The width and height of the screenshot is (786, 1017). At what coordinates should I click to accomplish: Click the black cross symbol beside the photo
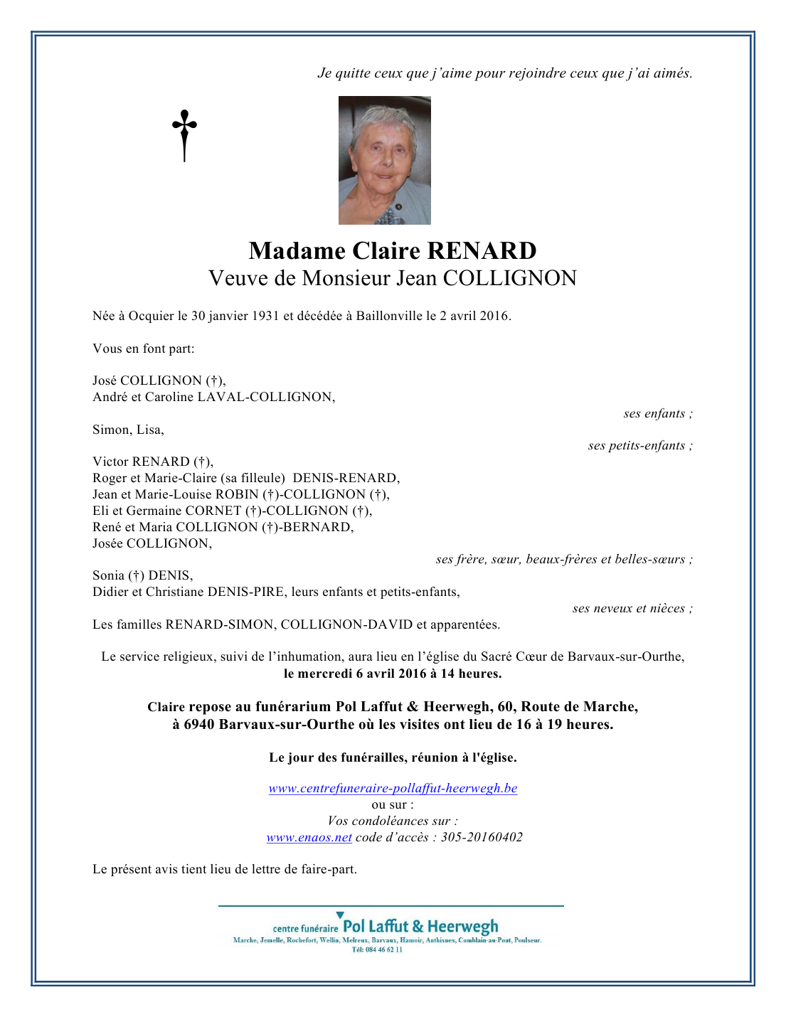tap(184, 134)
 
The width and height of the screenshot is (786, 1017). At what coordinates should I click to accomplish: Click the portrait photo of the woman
tap(384, 160)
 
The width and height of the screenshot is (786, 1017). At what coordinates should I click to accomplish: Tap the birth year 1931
tap(265, 316)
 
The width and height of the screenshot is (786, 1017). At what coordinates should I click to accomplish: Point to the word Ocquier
tap(151, 316)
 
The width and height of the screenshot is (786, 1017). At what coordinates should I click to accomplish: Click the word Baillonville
tap(389, 316)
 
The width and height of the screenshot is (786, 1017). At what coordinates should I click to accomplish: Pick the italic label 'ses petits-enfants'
tap(639, 446)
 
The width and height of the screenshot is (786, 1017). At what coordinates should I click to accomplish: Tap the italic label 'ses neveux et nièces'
tap(632, 609)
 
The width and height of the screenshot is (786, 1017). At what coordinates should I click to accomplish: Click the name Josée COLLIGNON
tap(152, 543)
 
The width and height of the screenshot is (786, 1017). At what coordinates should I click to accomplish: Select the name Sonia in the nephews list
tap(108, 575)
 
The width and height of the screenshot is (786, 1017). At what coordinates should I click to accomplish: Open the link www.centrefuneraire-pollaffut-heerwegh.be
tap(393, 788)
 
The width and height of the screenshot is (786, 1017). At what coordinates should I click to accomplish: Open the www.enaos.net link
tap(309, 837)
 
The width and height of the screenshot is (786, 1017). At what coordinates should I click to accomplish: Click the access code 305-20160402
tap(482, 837)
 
